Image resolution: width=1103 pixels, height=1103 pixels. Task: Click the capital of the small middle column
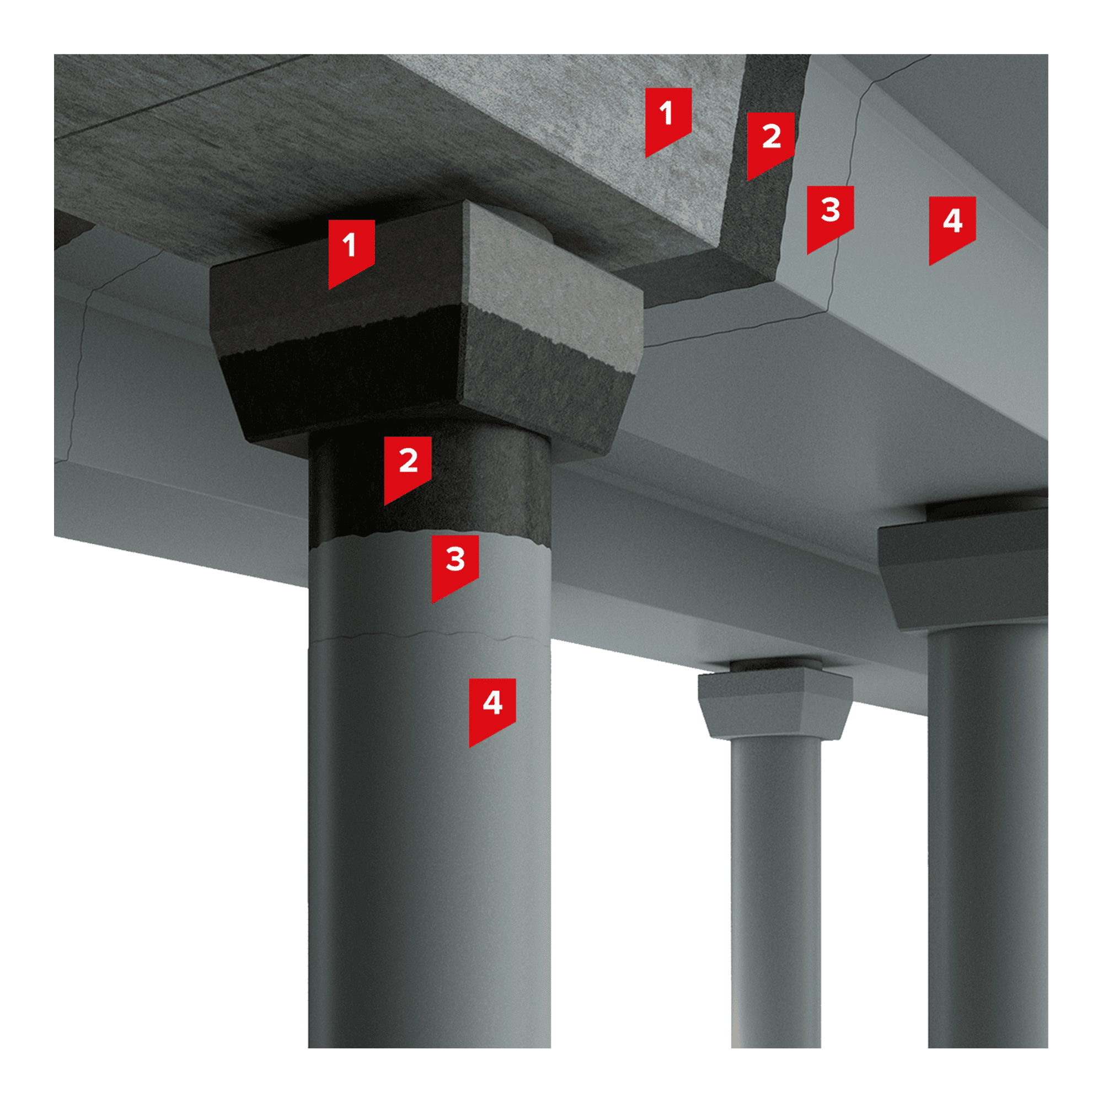tap(775, 703)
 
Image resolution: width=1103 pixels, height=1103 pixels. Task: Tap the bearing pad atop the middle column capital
tap(775, 664)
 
